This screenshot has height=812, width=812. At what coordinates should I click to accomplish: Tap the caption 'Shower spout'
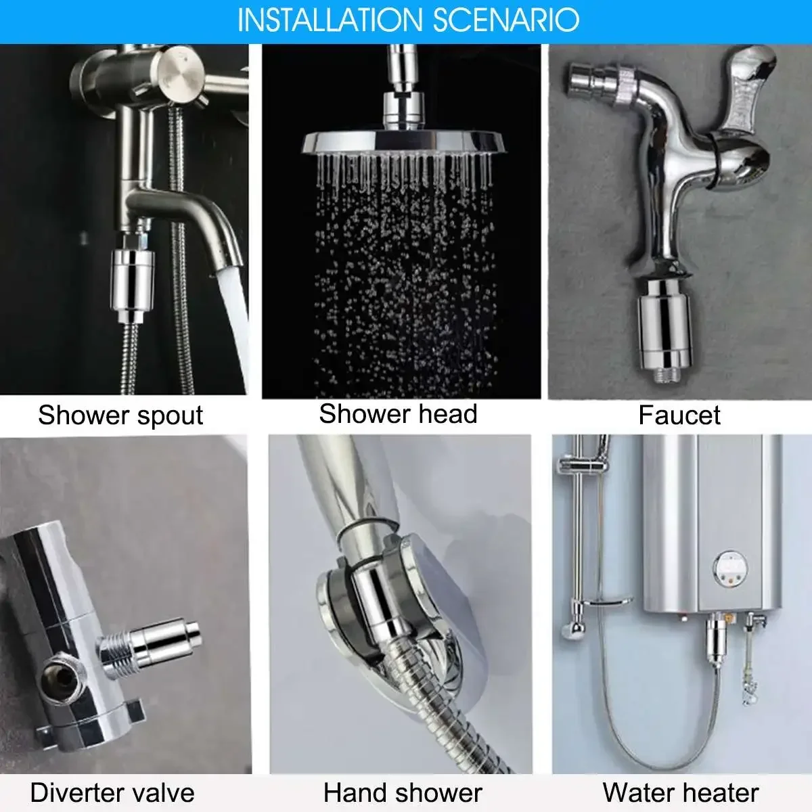[x=120, y=415]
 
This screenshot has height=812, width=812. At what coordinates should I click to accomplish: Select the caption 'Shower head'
[x=398, y=413]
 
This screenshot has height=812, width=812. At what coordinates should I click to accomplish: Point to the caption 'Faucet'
[x=679, y=415]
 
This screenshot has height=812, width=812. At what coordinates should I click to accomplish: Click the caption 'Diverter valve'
[x=112, y=792]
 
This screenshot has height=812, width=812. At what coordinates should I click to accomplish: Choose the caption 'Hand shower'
[x=403, y=792]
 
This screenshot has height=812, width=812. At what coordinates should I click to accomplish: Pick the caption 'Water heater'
[x=681, y=792]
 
